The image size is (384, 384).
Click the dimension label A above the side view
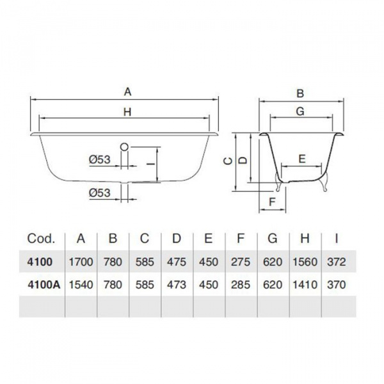[x=127, y=92]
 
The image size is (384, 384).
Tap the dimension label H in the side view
[x=127, y=112]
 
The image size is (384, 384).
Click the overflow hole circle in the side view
[x=124, y=147]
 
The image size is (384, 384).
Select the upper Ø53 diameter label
[x=100, y=159]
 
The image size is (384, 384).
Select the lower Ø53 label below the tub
[x=100, y=193]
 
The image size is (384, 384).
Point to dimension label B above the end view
[x=300, y=93]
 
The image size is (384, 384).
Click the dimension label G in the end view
[x=300, y=111]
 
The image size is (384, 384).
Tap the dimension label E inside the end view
[x=302, y=159]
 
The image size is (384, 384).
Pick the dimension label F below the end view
[x=273, y=202]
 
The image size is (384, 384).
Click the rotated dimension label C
[x=228, y=161]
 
